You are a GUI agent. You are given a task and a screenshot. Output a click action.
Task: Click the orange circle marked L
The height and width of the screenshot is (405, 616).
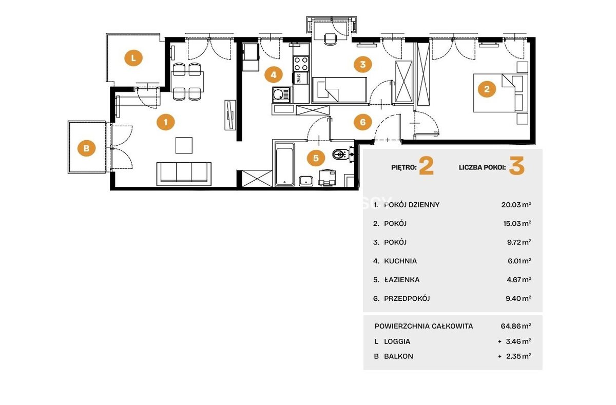(x=133, y=58)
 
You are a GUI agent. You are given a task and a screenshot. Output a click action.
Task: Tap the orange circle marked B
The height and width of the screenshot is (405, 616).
(x=86, y=148)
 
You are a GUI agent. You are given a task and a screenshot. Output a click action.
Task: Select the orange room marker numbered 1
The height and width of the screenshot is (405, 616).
(x=165, y=122)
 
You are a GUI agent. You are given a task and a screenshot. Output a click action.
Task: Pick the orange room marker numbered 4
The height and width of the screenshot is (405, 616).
(x=273, y=74)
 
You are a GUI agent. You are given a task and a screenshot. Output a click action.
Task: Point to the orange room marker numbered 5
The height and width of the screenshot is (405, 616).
(x=316, y=158)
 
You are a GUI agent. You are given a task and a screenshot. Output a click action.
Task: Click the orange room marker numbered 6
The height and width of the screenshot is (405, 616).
(x=363, y=122)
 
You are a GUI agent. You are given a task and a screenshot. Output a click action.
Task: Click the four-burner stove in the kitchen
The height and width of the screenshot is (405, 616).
(x=301, y=64)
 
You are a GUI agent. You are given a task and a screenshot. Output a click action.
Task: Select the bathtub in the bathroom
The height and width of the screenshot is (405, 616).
(x=284, y=164)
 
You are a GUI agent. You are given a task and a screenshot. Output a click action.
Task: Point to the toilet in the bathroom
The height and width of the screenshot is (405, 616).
(x=342, y=154)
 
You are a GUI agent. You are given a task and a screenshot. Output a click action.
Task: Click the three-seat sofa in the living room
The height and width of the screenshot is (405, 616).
(x=184, y=174)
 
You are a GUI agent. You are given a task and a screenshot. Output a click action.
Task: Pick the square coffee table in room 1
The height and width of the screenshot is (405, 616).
(x=184, y=145)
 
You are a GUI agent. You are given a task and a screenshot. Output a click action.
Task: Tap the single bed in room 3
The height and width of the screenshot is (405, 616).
(x=339, y=90)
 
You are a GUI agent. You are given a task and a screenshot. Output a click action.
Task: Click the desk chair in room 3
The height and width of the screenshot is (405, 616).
(x=330, y=39)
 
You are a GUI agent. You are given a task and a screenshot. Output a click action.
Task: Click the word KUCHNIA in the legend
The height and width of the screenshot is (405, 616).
(x=400, y=261)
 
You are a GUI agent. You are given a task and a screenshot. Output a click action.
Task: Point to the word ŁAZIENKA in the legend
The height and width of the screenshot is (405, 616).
(x=402, y=280)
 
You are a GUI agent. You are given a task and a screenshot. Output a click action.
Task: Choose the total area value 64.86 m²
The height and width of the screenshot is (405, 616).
(x=516, y=326)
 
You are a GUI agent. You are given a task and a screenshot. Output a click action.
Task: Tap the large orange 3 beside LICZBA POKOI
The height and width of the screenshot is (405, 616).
(x=517, y=166)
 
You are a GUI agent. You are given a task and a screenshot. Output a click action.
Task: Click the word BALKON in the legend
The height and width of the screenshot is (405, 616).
(x=398, y=356)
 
